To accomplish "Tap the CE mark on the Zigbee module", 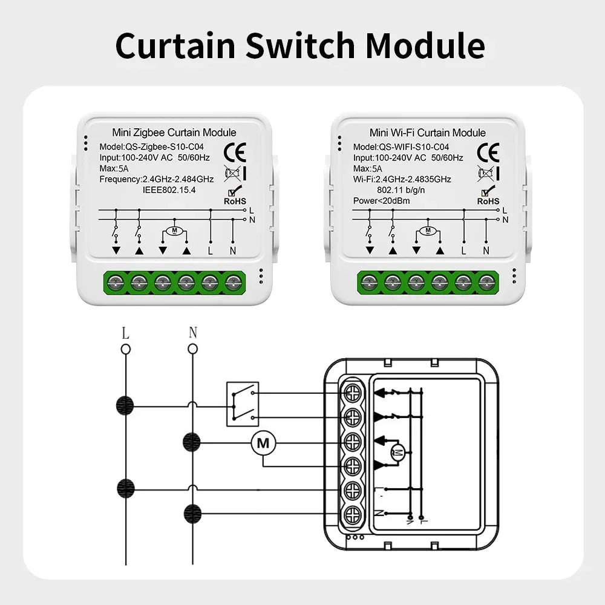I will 234,151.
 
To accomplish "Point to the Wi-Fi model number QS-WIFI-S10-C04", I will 414,146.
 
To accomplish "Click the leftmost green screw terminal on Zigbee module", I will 115,281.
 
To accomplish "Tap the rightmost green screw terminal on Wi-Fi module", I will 486,281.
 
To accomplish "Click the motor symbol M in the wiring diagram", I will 263,443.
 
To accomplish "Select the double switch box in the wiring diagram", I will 243,404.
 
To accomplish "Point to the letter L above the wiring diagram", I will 125,333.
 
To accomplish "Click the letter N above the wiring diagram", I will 192,333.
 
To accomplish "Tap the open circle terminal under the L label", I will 125,348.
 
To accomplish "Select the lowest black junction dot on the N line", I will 192,512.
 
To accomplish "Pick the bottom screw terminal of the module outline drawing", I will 352,514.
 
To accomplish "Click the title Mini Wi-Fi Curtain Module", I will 427,132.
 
